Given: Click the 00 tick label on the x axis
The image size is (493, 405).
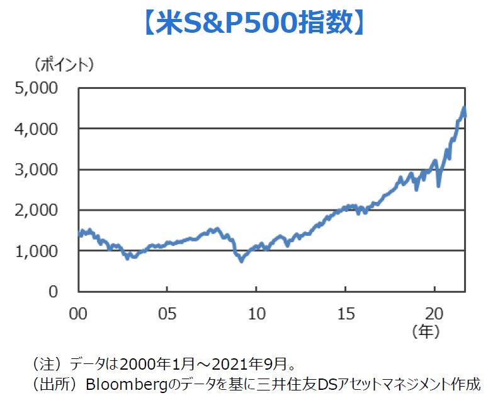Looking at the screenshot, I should coord(78,312).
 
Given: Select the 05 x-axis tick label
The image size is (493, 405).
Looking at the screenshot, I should coord(167,312).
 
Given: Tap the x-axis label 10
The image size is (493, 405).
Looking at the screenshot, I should coord(256,312).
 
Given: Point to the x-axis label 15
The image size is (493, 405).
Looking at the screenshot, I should coord(345,312).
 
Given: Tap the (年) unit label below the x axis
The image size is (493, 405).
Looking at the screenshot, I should coord(425,331).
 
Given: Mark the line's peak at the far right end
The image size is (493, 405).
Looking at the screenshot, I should coord(464,109).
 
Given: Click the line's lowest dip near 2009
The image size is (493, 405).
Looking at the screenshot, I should coord(241,260).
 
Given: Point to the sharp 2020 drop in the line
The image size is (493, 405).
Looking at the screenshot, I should coord(438,185).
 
